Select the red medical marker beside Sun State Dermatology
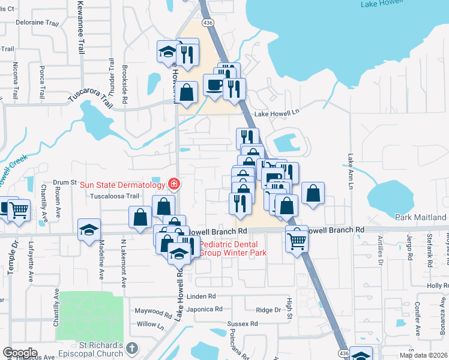[x=174, y=183]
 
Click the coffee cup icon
[x=214, y=85]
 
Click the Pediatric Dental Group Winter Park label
[x=228, y=248]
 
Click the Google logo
[x=20, y=353]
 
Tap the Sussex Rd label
[x=242, y=323]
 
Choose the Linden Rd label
[x=200, y=296]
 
